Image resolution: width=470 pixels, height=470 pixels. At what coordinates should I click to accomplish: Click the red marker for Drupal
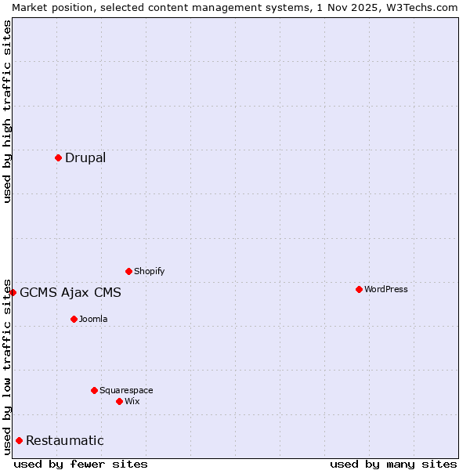59,157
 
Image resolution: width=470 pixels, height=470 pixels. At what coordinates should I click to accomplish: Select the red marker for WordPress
359,289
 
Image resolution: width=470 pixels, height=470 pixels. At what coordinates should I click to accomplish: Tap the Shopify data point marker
128,271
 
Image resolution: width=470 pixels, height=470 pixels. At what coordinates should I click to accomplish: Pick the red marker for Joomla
74,319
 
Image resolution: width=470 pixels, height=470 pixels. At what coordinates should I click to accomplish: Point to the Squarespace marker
94,390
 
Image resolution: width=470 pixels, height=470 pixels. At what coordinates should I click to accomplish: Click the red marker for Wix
119,401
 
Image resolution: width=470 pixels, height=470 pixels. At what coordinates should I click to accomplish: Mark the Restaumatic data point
19,440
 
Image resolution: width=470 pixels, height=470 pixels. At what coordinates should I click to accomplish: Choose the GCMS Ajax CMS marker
13,292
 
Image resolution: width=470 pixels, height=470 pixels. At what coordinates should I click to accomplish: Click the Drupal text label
85,157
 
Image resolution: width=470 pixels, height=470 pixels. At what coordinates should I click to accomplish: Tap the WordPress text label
386,289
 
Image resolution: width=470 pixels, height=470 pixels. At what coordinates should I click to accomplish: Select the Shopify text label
149,271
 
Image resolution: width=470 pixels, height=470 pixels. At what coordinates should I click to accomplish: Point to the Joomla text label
93,319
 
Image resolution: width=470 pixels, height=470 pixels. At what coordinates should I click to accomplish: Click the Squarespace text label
126,390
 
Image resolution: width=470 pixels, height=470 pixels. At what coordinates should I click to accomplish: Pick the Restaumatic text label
65,440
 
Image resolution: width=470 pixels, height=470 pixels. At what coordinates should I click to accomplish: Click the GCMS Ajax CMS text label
70,293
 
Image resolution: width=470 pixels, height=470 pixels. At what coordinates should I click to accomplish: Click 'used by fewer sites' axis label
81,464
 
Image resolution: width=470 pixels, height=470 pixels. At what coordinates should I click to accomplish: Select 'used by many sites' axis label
393,464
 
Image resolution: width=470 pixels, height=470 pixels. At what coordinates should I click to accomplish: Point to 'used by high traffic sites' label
7,111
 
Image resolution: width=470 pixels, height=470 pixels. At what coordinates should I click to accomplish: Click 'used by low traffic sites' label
7,367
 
